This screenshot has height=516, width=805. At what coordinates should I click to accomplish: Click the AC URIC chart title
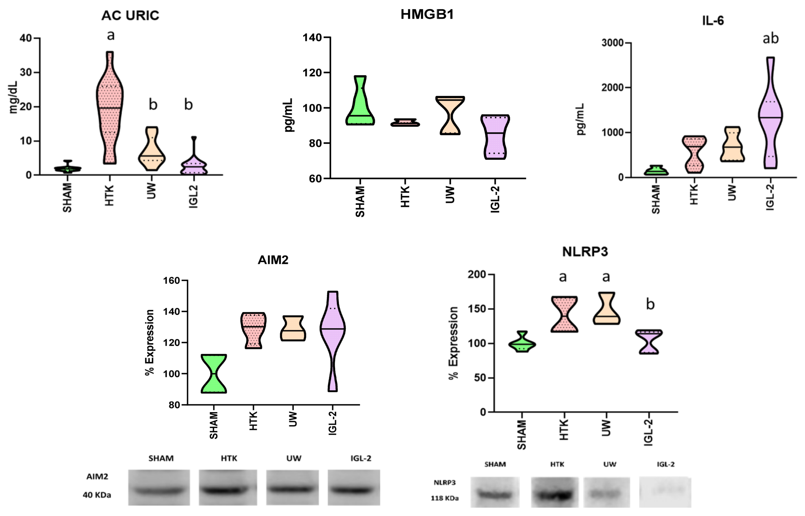(130, 16)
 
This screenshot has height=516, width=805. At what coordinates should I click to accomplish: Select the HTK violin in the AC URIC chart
(109, 107)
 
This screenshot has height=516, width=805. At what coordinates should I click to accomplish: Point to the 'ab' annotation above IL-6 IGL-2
(770, 39)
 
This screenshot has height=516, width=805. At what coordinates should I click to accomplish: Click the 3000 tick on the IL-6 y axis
(612, 43)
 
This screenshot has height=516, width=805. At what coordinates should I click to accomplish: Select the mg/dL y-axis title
(13, 98)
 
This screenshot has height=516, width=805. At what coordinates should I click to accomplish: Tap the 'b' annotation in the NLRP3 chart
(650, 304)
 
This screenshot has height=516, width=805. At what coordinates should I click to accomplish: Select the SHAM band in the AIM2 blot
(159, 491)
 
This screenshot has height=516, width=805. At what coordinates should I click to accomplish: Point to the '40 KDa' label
(97, 495)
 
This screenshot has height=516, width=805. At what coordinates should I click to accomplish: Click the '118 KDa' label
(444, 498)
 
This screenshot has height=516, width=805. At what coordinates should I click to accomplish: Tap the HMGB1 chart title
(427, 15)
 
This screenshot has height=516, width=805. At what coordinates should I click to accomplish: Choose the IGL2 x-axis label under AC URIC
(193, 197)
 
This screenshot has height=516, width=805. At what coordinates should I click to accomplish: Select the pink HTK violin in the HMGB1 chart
(405, 123)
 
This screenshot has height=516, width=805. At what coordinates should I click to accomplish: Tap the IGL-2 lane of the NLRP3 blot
(665, 492)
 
